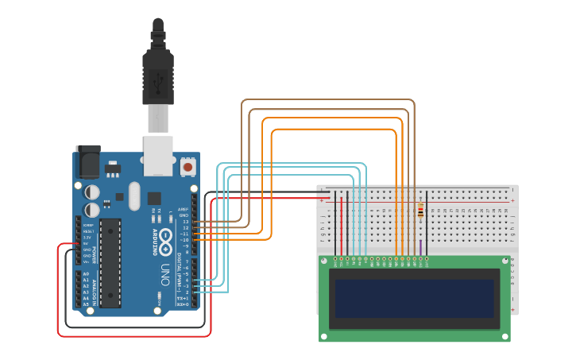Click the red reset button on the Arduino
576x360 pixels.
pyautogui.click(x=187, y=167)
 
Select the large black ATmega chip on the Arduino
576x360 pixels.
pyautogui.click(x=110, y=261)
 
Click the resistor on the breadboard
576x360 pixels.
pyautogui.click(x=420, y=210)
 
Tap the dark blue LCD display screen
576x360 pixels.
pyautogui.click(x=414, y=297)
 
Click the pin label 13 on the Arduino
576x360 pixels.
pyautogui.click(x=185, y=222)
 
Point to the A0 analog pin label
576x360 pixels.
pyautogui.click(x=86, y=273)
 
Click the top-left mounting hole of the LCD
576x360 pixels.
pyautogui.click(x=324, y=260)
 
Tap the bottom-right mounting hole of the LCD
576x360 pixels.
pyautogui.click(x=505, y=336)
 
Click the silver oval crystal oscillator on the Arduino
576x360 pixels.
pyautogui.click(x=133, y=194)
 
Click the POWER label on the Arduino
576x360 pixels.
pyautogui.click(x=94, y=255)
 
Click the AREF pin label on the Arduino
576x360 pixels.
pyautogui.click(x=183, y=209)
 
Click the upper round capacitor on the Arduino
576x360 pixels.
pyautogui.click(x=93, y=192)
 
